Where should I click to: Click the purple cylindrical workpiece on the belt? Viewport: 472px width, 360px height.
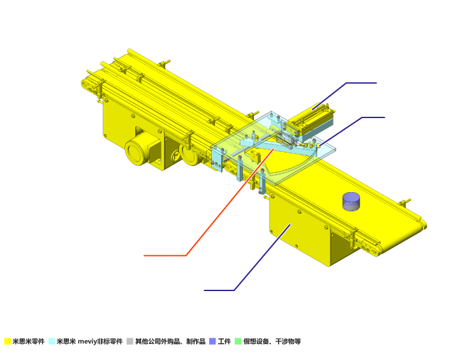click(351, 202)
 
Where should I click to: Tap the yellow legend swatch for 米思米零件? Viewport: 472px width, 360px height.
click(8, 341)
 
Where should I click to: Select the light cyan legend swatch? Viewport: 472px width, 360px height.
click(52, 341)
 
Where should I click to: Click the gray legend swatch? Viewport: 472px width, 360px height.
click(129, 341)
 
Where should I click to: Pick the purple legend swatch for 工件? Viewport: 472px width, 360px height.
click(212, 341)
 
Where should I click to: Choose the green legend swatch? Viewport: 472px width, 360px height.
click(238, 341)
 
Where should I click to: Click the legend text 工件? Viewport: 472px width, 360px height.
click(225, 341)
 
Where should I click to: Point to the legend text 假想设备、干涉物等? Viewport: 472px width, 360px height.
click(272, 341)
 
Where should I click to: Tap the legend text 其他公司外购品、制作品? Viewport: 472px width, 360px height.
click(170, 341)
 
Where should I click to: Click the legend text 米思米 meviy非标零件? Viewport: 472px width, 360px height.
click(90, 341)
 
